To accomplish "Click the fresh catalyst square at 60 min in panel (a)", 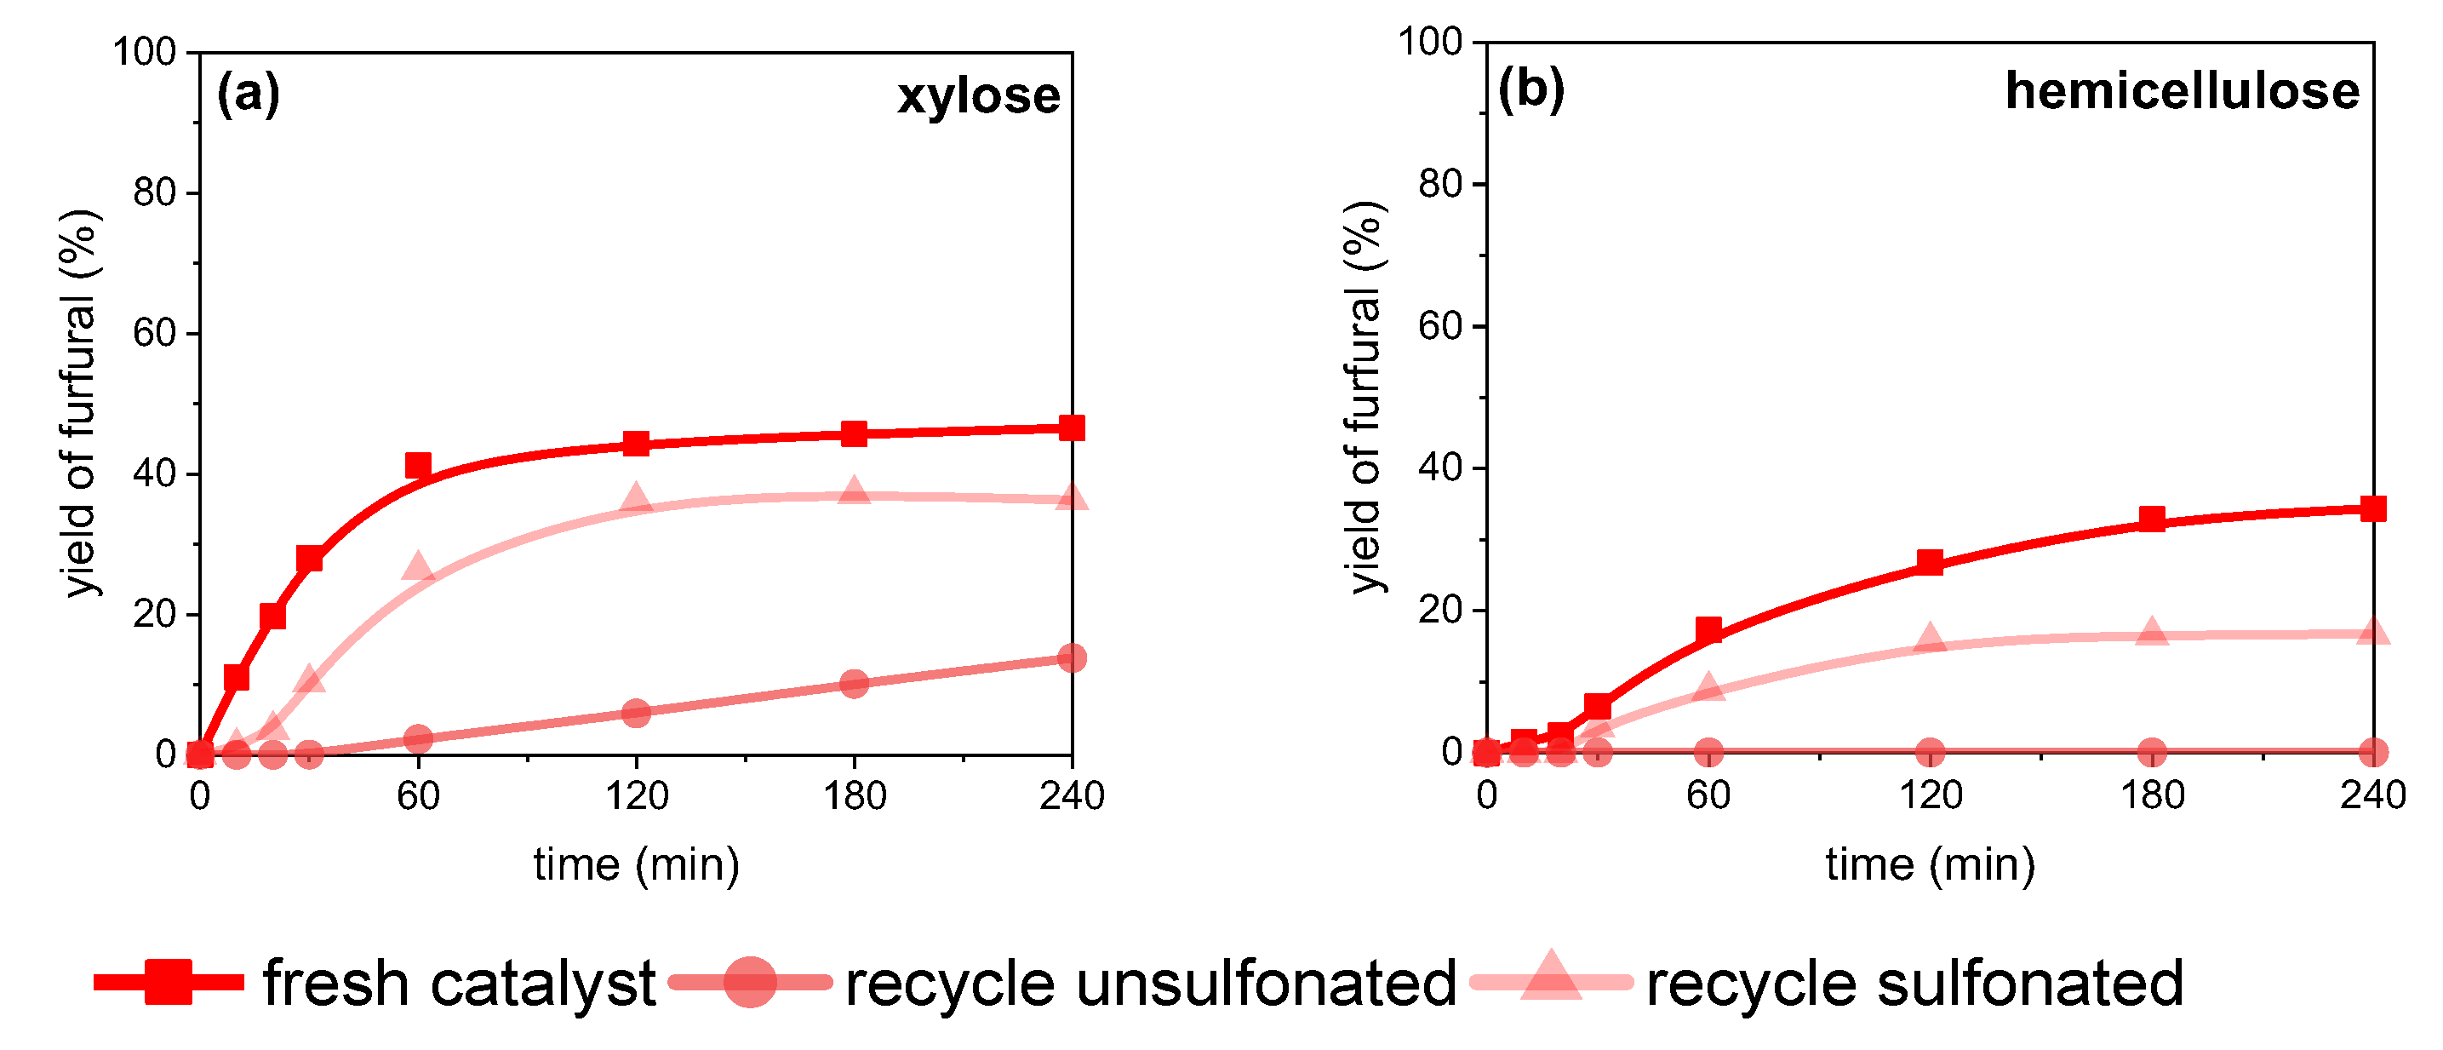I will click(418, 465).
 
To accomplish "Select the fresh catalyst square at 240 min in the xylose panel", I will click(1072, 427).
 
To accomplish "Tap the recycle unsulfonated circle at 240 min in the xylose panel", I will click(1072, 657).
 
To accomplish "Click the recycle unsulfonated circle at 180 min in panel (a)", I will click(855, 683).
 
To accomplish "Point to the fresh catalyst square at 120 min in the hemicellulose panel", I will click(1930, 561).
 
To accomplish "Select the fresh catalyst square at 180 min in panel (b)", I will click(2153, 519).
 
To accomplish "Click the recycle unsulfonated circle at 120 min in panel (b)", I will click(1930, 753).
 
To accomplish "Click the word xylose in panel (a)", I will click(979, 95).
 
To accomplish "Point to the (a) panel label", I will click(249, 94).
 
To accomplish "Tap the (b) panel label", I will click(1530, 89).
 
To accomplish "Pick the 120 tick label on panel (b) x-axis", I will click(1930, 795).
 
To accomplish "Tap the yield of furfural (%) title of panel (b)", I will click(1365, 399).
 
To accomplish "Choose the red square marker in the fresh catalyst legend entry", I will click(169, 982).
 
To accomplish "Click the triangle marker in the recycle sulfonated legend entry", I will click(1551, 977).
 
